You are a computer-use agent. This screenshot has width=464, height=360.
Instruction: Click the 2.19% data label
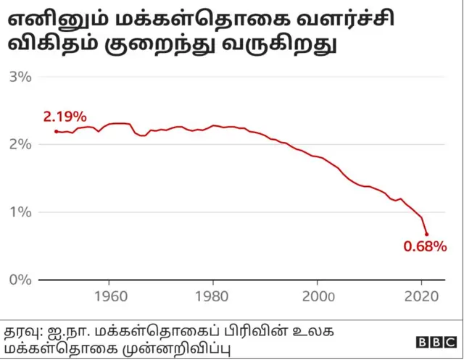point(65,117)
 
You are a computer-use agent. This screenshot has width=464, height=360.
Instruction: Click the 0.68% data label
point(425,247)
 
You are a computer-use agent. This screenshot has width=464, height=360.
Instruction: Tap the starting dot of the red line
point(57,131)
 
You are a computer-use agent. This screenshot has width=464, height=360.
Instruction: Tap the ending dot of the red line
point(426,234)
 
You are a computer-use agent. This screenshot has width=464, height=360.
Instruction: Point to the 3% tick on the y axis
point(20,76)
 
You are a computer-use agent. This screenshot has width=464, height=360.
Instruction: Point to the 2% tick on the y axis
point(20,144)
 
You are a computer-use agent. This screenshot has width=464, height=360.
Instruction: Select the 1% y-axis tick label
point(20,212)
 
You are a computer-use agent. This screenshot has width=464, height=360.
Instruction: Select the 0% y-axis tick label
point(20,280)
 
